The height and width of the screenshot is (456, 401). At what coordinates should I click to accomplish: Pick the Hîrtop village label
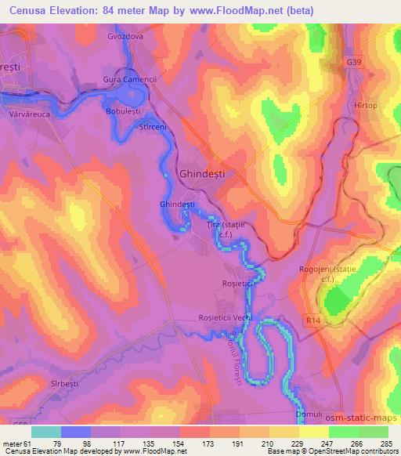coord(365,105)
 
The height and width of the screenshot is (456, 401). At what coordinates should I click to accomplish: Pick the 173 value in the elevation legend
coord(208,443)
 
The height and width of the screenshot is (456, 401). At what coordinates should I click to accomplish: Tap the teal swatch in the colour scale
coord(45,432)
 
